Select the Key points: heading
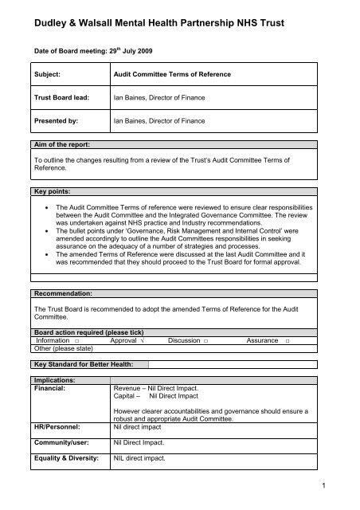click(52, 192)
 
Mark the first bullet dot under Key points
click(52, 206)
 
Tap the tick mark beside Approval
click(142, 340)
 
